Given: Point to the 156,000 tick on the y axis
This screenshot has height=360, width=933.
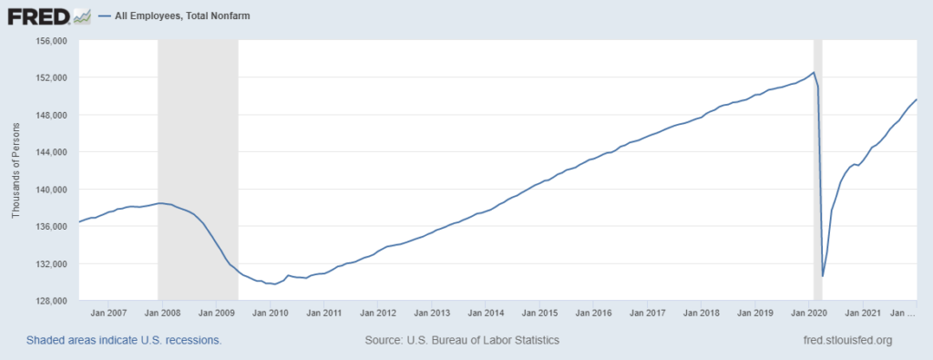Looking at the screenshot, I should [52, 41].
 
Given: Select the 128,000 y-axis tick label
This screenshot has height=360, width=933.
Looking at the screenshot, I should [52, 301].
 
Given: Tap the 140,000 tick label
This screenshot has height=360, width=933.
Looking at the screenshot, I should [52, 190].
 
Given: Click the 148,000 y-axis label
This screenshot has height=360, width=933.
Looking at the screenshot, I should [52, 116].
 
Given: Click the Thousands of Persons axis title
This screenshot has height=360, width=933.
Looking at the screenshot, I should [15, 171].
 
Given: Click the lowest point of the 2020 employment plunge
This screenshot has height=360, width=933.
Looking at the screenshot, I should [823, 275].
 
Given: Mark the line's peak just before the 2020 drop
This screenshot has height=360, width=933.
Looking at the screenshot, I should [813, 73].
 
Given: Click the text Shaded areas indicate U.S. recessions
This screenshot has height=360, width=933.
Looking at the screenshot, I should [124, 340].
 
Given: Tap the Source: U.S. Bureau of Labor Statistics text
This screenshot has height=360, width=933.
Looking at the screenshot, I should [461, 340].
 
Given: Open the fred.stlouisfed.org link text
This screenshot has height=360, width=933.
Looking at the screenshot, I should [844, 340].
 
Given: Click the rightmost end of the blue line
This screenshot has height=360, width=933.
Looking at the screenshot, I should [916, 99].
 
